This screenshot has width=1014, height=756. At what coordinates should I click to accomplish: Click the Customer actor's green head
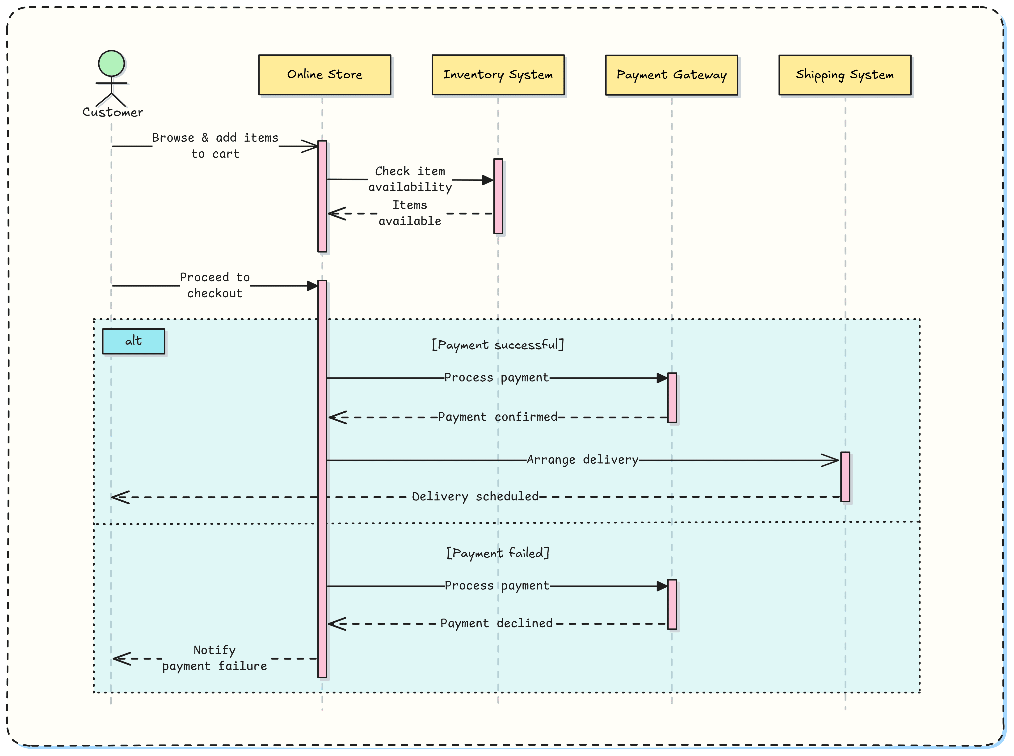[111, 64]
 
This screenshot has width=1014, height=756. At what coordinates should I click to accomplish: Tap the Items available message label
[410, 213]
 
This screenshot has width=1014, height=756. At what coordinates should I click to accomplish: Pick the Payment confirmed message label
[497, 417]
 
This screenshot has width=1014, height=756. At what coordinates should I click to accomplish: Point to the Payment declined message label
[496, 623]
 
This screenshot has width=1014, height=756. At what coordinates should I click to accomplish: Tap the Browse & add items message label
[215, 145]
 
